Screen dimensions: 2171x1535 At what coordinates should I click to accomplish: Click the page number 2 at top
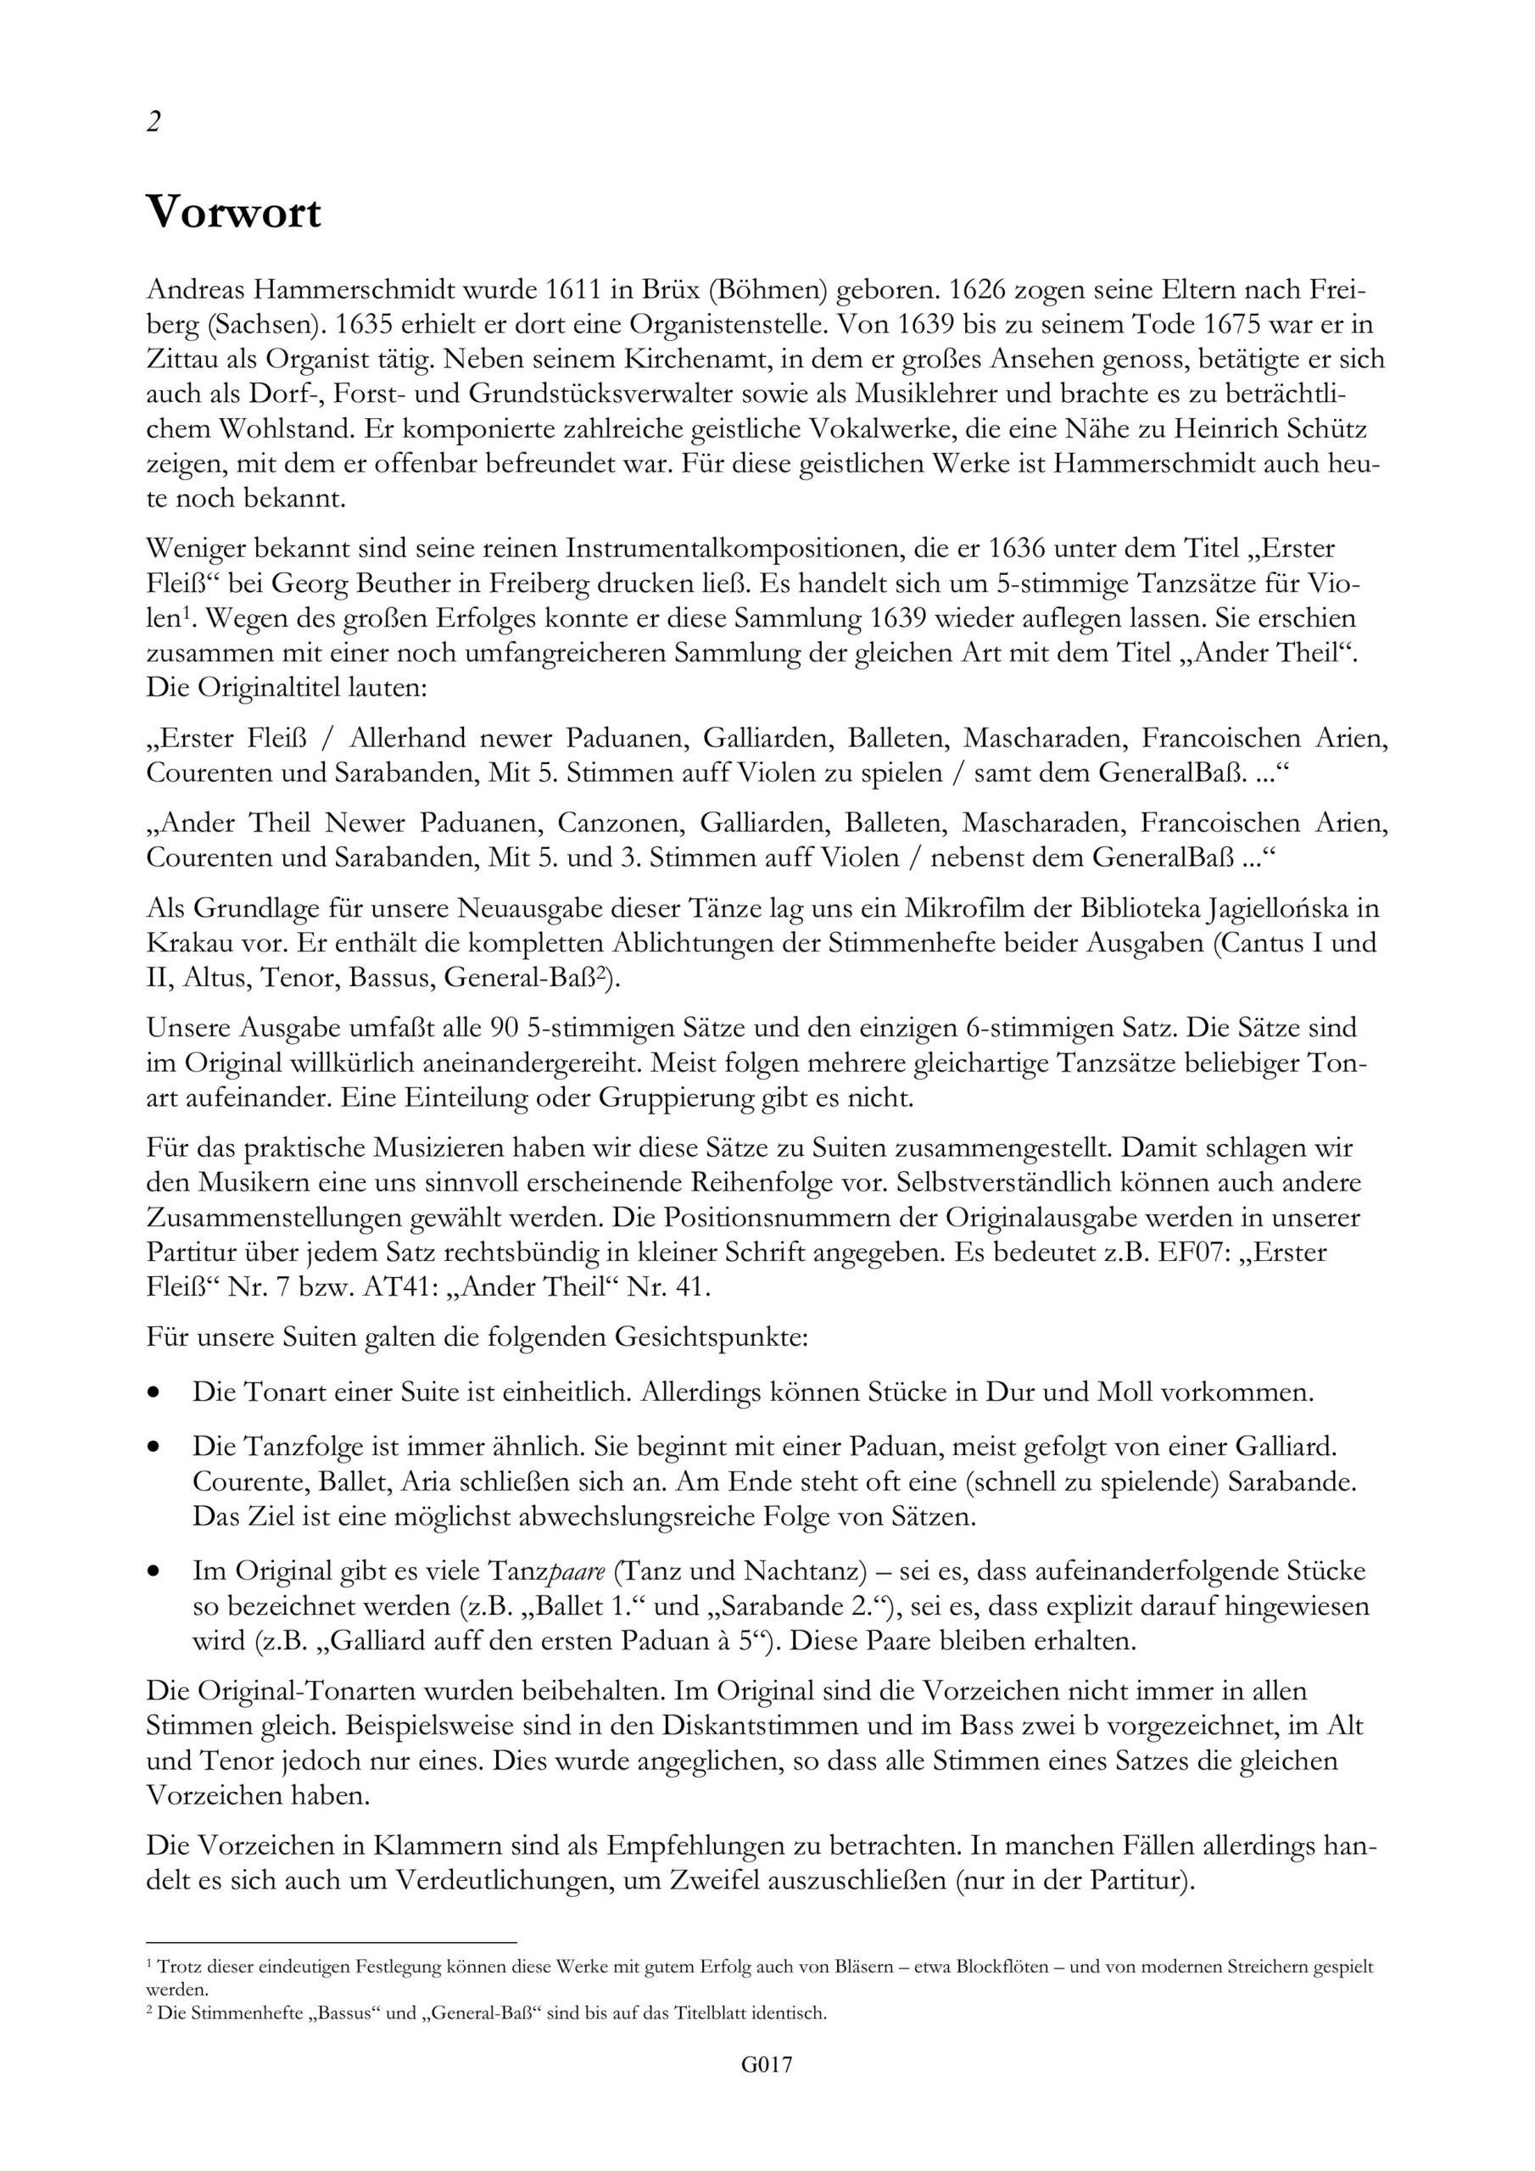point(153,122)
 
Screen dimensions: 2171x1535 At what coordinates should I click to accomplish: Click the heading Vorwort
point(233,214)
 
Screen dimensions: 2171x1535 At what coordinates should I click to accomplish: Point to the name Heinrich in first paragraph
point(1231,429)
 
